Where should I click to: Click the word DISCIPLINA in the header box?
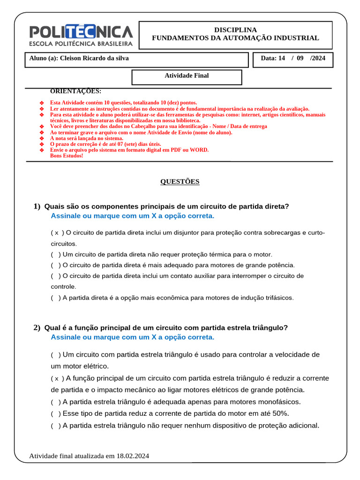235,30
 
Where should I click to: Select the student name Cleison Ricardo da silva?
94,59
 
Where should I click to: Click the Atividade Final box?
187,76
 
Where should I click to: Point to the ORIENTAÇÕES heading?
75,91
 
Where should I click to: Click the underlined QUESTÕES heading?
180,182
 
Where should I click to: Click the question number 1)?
37,207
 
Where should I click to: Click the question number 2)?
37,328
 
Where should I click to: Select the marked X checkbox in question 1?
57,233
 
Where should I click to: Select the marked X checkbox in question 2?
57,379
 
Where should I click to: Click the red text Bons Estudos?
66,156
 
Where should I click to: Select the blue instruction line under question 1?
132,216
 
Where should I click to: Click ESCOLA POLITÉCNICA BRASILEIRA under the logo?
81,44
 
